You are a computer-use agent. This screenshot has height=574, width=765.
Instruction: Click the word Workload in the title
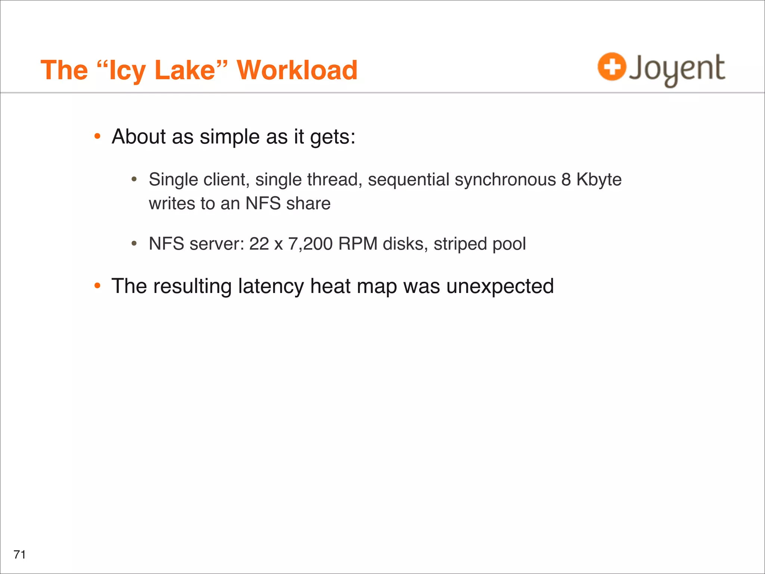pos(297,70)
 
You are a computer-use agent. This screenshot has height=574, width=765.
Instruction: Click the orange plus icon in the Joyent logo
pos(611,67)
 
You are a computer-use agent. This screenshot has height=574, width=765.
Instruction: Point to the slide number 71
pos(19,554)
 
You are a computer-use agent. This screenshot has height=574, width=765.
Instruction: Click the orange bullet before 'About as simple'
pos(97,136)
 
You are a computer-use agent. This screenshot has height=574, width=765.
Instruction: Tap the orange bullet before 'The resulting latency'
pos(97,286)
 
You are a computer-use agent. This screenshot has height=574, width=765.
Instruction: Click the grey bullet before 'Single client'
pos(134,180)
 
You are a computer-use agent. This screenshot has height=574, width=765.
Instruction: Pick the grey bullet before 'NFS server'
pos(134,244)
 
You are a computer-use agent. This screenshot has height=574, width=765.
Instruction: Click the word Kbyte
pos(599,180)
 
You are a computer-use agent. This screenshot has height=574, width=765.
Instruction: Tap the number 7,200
pos(310,244)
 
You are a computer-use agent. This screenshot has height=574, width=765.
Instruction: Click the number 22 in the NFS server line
pos(259,244)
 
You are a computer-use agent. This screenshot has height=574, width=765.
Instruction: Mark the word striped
pos(460,244)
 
